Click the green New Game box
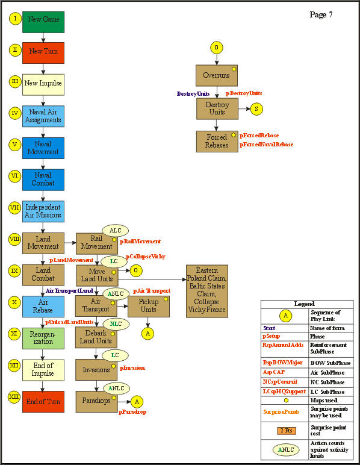coord(43,21)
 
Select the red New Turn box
coord(43,52)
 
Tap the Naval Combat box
coord(43,179)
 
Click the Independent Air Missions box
coord(43,211)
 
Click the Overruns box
coord(217,75)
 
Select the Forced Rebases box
coord(217,141)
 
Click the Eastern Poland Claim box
coord(206,291)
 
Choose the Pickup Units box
coord(148,305)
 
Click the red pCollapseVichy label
coord(145,257)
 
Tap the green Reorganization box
coord(43,338)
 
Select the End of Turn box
coord(43,402)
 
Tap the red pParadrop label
coord(133,412)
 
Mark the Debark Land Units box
coord(96,337)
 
